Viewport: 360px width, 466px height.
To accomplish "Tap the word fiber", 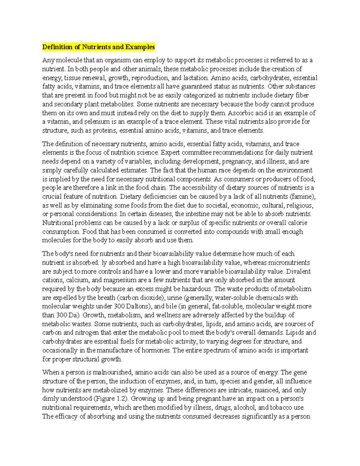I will (x=301, y=95).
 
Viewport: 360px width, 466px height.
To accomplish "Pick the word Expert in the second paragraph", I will (x=170, y=152).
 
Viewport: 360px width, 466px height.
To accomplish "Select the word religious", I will (x=300, y=206).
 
